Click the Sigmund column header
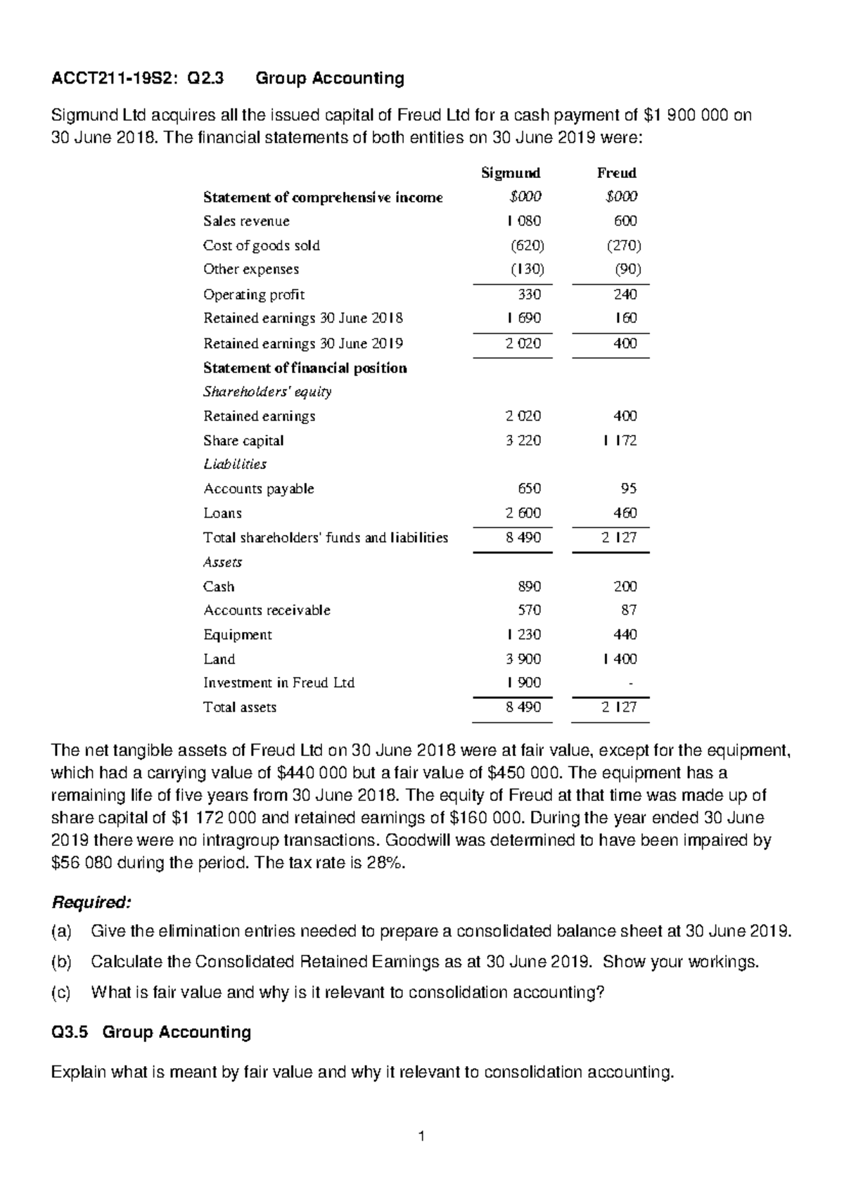(510, 173)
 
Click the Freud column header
(616, 173)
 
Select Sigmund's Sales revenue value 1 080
(523, 221)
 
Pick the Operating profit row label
(253, 295)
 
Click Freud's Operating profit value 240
(625, 295)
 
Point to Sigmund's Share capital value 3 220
(523, 441)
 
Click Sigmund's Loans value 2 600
(523, 513)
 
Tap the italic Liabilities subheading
(235, 464)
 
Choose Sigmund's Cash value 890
(528, 586)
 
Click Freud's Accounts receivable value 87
(629, 610)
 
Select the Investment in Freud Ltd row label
(279, 683)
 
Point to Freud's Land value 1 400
(620, 659)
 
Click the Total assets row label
(239, 707)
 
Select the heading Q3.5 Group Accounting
(151, 1032)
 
